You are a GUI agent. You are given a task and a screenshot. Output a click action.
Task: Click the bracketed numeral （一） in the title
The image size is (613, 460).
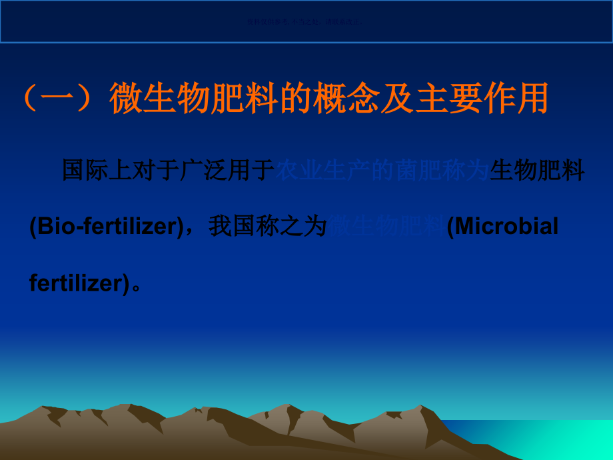[62, 99]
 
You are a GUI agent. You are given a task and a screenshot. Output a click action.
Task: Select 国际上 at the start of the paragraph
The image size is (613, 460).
[91, 171]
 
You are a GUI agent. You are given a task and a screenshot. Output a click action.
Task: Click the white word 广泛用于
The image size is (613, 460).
[227, 171]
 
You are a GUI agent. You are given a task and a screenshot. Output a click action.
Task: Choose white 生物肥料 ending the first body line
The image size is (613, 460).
[537, 171]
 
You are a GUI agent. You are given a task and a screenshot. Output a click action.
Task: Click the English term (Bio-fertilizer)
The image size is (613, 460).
[106, 227]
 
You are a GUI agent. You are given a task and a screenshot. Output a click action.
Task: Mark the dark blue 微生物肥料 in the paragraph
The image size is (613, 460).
[387, 227]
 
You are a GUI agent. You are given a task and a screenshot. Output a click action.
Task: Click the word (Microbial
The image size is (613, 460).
[503, 227]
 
